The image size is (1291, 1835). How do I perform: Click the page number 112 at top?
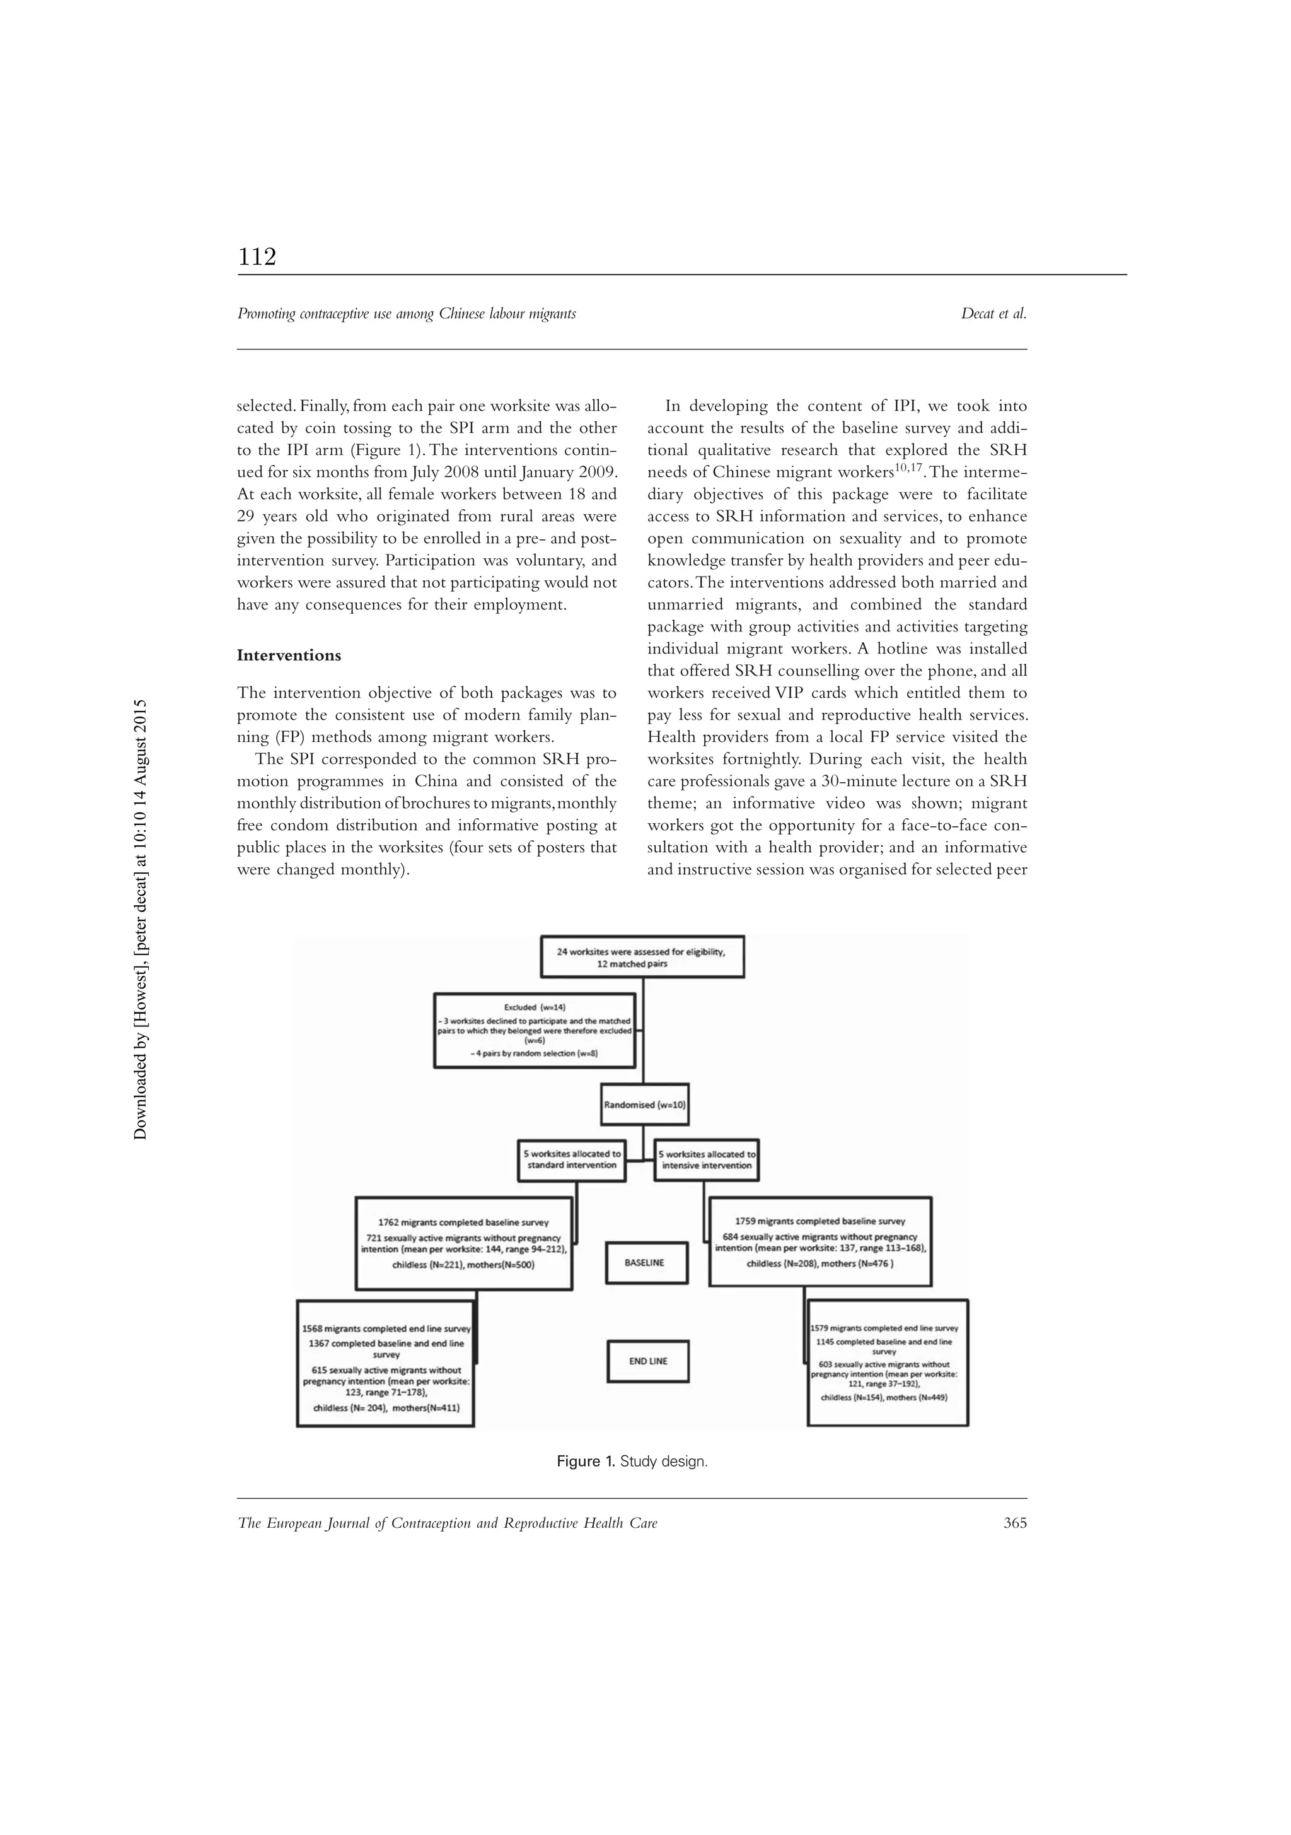257,257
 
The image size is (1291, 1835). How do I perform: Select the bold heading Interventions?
289,655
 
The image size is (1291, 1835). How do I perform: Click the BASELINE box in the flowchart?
645,1263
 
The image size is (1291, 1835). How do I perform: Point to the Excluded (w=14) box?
535,1030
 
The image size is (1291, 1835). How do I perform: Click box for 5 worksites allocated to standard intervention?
571,1159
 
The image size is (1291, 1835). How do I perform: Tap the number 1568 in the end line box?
315,1328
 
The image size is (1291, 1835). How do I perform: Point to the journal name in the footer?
448,1523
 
